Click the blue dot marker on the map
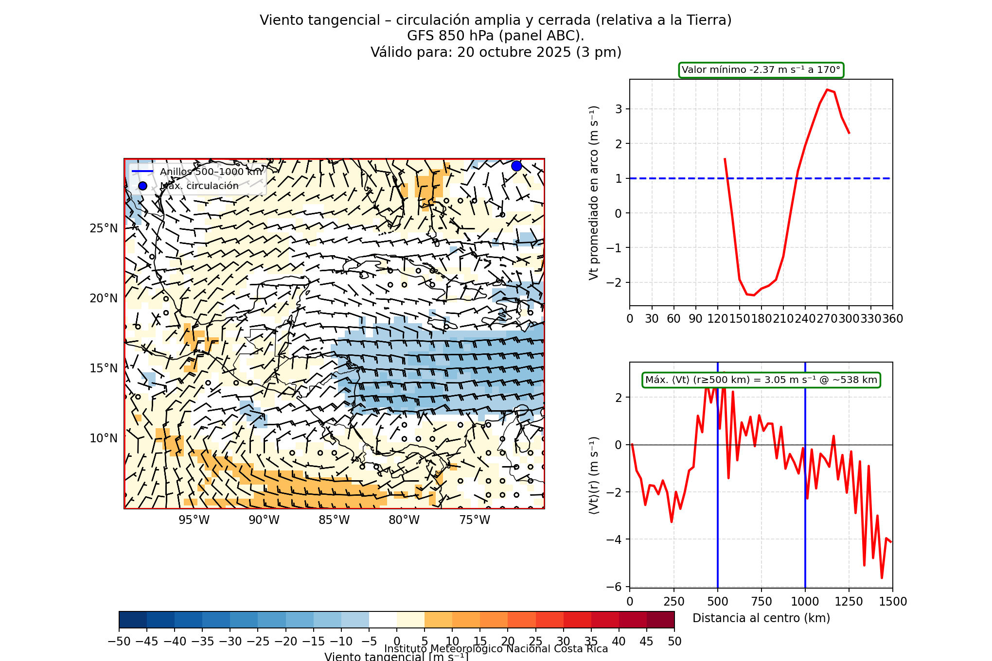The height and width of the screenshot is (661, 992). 516,166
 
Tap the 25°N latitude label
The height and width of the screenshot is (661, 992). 104,228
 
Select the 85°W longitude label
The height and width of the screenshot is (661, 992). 334,520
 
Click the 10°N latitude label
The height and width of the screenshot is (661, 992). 104,438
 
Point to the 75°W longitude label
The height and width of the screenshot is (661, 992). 475,520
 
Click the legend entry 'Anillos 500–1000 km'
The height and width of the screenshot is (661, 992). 211,172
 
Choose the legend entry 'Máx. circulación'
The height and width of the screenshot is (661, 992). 199,186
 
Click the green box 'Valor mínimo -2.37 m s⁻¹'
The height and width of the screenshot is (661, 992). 761,70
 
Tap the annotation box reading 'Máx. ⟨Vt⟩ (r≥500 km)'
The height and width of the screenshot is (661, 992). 761,380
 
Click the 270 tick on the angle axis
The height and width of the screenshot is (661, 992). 827,319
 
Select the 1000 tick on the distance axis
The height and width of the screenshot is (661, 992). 805,602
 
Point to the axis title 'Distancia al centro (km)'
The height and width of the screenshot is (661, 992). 761,618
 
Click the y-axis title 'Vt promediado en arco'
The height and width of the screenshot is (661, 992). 593,193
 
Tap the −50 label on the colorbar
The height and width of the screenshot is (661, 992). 119,642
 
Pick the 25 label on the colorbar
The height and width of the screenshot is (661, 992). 535,642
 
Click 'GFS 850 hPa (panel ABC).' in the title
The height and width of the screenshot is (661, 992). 496,36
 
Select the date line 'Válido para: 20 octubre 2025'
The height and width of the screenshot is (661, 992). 496,52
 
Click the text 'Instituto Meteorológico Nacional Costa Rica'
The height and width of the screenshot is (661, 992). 496,649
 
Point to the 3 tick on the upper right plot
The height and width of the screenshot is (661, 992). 619,109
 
